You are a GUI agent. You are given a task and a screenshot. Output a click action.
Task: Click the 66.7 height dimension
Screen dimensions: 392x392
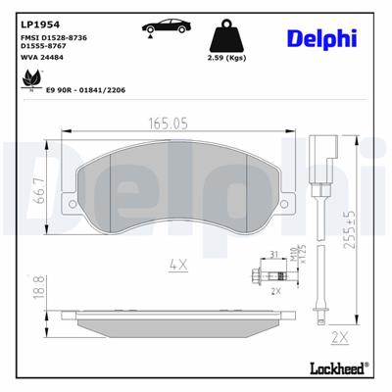pyautogui.click(x=38, y=190)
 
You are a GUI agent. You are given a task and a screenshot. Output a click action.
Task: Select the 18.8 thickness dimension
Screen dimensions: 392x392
pyautogui.click(x=38, y=289)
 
